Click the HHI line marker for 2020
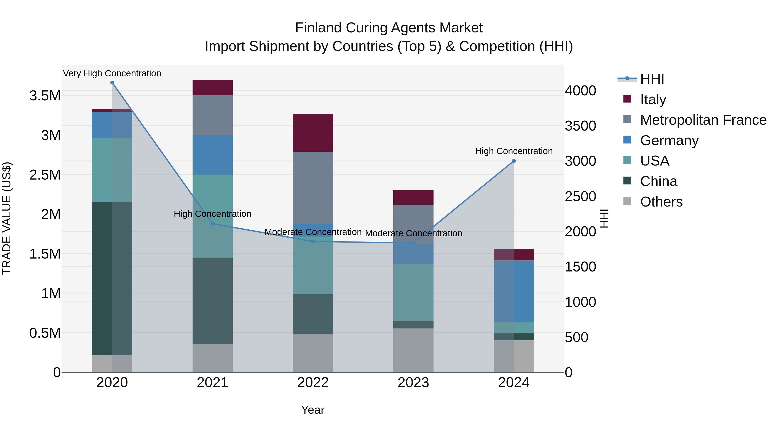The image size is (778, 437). coord(112,83)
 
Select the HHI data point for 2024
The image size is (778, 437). coord(514,161)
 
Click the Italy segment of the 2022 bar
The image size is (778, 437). coord(313,133)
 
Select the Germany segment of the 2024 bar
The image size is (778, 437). coord(514,291)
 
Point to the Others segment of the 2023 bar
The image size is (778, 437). coord(413,350)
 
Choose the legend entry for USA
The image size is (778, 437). coord(654,161)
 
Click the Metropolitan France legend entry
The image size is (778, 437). coord(703,120)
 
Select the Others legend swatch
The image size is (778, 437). coord(627,201)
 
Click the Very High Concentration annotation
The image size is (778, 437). coord(112,74)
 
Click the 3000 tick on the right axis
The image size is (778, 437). coord(580,161)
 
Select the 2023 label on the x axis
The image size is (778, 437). coord(413,383)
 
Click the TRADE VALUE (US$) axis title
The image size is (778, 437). coord(7,218)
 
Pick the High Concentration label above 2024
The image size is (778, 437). coord(514,151)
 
